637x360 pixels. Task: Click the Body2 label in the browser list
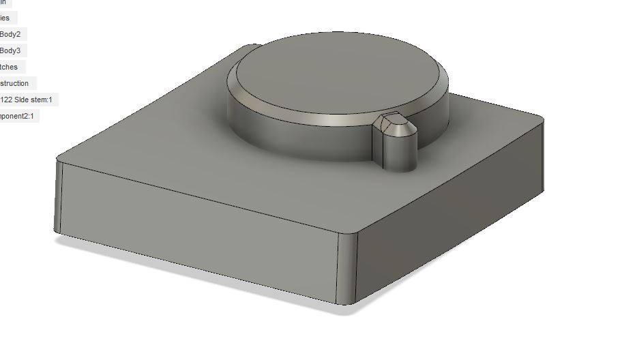(x=10, y=34)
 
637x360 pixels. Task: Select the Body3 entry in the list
(x=10, y=50)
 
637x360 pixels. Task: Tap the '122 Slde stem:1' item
(x=26, y=100)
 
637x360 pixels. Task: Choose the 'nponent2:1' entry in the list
(x=18, y=116)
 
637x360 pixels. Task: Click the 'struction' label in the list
(x=14, y=83)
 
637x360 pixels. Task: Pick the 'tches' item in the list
(x=10, y=67)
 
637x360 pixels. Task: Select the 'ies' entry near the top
(x=5, y=18)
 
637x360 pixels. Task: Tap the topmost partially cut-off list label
(x=3, y=3)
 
